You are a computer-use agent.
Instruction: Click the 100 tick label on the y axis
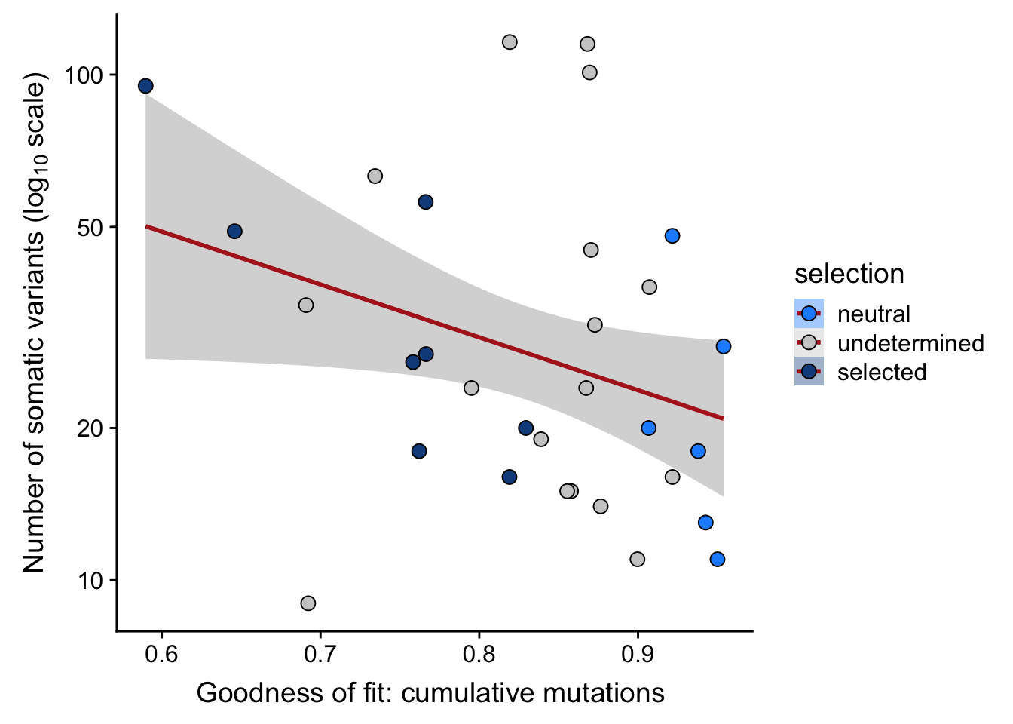tap(85, 75)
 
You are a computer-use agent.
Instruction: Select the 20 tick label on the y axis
tap(93, 428)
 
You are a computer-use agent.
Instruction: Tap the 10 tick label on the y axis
tap(93, 581)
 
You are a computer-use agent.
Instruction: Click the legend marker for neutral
tap(809, 314)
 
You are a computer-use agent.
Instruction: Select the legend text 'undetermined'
tap(910, 343)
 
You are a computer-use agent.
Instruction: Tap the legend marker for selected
tap(809, 372)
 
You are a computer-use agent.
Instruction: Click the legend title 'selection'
tap(849, 274)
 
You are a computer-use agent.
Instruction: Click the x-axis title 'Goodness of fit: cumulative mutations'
tap(430, 693)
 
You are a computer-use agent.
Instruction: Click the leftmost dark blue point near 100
tap(145, 86)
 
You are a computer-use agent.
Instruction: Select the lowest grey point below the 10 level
tap(308, 603)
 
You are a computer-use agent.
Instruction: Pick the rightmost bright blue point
tap(724, 346)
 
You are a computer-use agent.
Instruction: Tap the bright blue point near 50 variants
tap(672, 236)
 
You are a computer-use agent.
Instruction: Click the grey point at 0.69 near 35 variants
tap(305, 305)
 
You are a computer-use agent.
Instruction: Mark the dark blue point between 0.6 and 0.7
tap(234, 232)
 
